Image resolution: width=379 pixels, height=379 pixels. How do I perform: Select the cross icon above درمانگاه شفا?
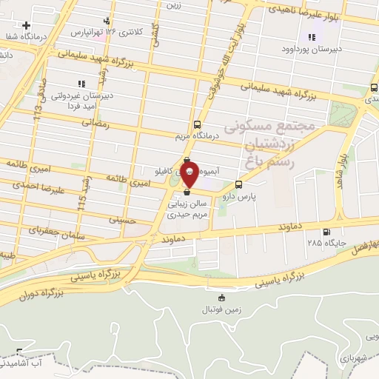tap(27, 24)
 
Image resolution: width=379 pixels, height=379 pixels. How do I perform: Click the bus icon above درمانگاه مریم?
tap(197, 124)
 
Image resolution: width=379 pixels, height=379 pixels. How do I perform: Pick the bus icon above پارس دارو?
tap(238, 185)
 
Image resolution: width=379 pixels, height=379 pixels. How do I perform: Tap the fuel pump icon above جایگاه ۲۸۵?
tap(320, 229)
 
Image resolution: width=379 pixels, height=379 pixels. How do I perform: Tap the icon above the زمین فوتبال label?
tap(220, 298)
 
